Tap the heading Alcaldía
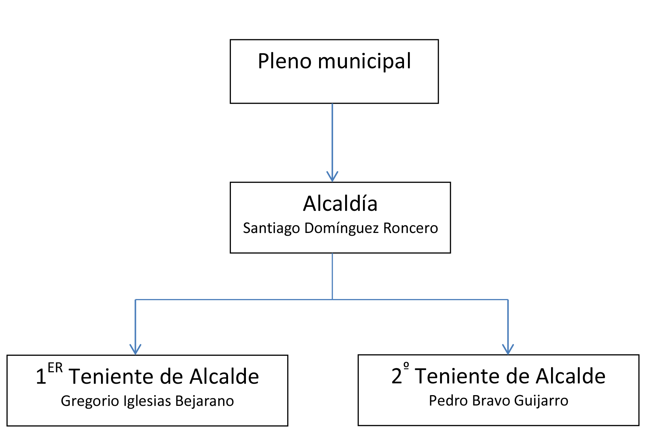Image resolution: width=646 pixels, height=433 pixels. point(340,204)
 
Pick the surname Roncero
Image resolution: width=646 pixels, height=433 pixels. point(410,228)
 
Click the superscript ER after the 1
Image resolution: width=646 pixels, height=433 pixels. point(55,368)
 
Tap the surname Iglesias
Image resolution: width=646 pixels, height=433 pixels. point(147,401)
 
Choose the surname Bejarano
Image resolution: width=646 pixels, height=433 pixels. point(205,401)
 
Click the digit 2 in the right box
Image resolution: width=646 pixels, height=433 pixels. point(397,376)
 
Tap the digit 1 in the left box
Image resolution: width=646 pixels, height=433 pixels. point(41,377)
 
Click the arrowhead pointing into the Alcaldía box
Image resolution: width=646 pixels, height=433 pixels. point(332,177)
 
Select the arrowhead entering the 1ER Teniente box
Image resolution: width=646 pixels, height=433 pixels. point(135,350)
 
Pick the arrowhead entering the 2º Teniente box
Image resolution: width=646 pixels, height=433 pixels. point(508,350)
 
